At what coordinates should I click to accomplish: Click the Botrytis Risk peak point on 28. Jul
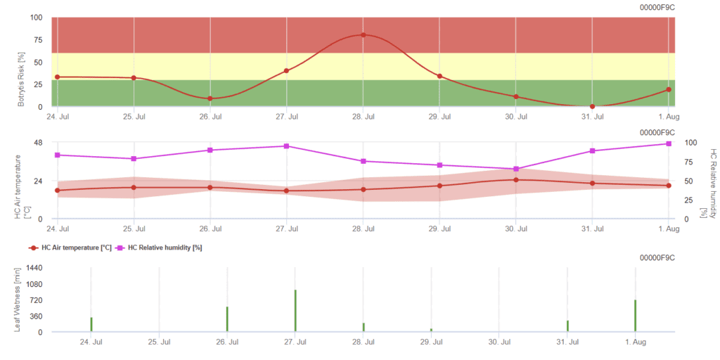click(x=363, y=34)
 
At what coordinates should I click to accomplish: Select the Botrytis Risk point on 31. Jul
click(x=592, y=106)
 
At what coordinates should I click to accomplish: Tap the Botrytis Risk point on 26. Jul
click(x=210, y=98)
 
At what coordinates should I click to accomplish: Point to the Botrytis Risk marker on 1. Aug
click(x=669, y=89)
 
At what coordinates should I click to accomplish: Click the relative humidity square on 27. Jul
click(x=286, y=146)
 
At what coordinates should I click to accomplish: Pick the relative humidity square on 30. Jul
click(x=516, y=169)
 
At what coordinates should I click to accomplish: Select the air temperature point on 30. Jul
click(x=516, y=180)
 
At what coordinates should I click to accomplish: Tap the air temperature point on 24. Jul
click(x=57, y=191)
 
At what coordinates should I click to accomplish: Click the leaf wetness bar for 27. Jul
click(x=295, y=310)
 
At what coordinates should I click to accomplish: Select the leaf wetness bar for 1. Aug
click(x=636, y=316)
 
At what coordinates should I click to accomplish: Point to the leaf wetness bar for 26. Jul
click(x=227, y=319)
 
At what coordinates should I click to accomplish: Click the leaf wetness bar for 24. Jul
click(x=91, y=324)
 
